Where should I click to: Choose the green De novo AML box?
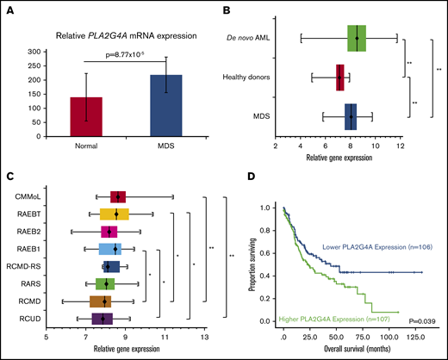click(x=357, y=38)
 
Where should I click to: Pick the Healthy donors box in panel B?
click(x=340, y=78)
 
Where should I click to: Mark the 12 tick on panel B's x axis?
click(x=400, y=146)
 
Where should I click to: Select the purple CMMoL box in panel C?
click(x=118, y=196)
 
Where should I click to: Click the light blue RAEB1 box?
click(x=116, y=249)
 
